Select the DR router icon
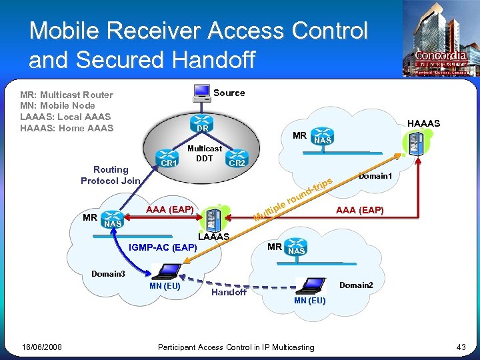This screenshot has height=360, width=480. [203, 125]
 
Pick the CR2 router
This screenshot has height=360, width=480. [237, 160]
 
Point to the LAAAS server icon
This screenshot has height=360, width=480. [214, 217]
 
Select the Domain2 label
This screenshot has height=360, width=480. [356, 285]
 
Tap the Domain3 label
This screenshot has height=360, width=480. [108, 273]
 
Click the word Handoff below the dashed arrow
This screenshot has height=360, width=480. [229, 292]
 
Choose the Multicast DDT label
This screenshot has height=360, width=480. [205, 153]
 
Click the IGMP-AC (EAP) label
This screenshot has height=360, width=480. [163, 248]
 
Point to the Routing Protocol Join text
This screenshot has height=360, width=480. [111, 175]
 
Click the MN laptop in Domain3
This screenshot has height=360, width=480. [165, 271]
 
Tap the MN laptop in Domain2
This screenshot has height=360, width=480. [310, 285]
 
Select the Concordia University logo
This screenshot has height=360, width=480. [441, 40]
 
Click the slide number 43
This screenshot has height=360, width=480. [461, 347]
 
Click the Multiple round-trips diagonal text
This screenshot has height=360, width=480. [293, 200]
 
